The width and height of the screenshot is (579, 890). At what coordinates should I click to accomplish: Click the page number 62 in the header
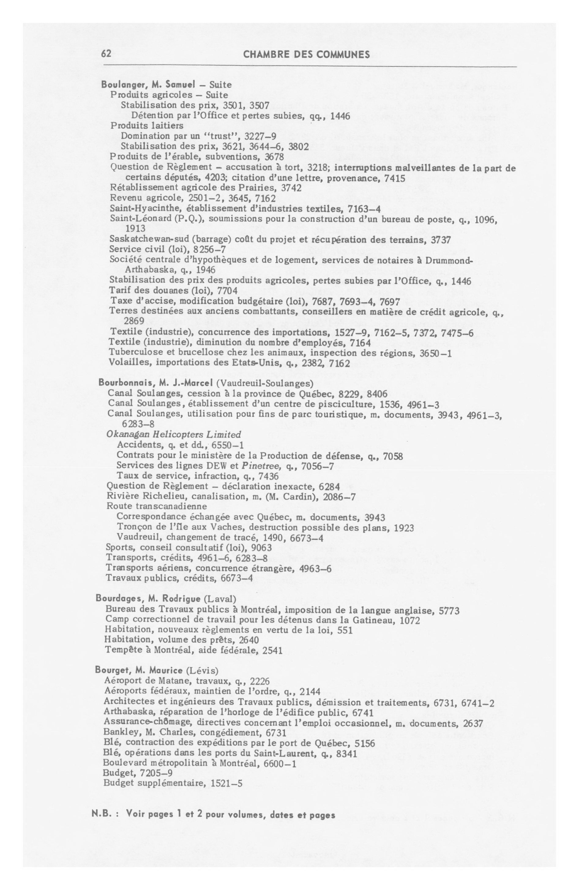[106, 54]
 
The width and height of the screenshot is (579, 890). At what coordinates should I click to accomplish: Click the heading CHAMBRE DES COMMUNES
[306, 54]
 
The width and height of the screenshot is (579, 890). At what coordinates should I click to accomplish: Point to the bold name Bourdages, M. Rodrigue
[148, 599]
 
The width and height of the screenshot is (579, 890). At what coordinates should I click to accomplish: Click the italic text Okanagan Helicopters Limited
[174, 435]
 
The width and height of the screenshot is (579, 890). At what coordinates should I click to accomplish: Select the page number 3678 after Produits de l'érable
[274, 156]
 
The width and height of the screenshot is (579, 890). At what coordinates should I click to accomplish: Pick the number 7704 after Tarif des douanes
[227, 290]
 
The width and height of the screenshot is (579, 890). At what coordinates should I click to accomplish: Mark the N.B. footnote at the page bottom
[213, 815]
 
